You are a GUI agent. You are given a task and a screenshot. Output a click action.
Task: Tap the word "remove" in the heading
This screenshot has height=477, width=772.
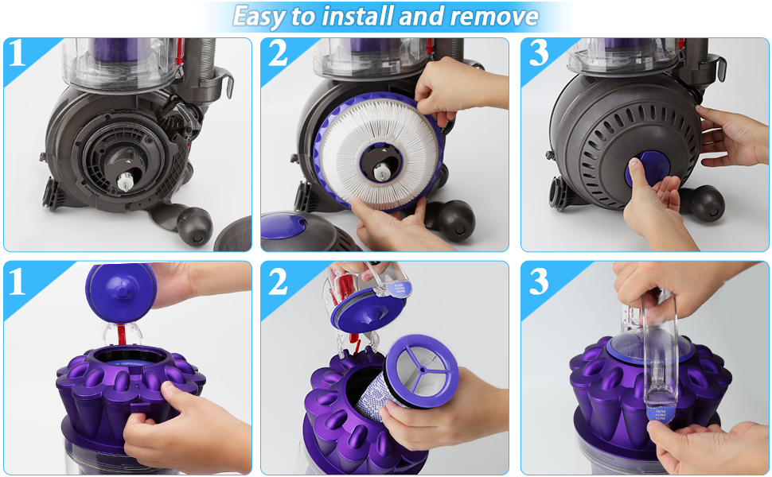pos(495,17)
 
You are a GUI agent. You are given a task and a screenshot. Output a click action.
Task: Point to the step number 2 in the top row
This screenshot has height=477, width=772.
pos(279,54)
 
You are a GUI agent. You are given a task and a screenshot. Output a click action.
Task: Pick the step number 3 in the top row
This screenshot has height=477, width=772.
pos(539,54)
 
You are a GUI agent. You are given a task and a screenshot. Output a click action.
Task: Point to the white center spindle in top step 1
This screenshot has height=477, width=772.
pos(127,180)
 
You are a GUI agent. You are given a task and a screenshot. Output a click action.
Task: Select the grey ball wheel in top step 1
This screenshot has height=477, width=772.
pos(194,226)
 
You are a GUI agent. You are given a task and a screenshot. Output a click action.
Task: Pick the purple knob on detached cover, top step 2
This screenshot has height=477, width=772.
pos(294,225)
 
